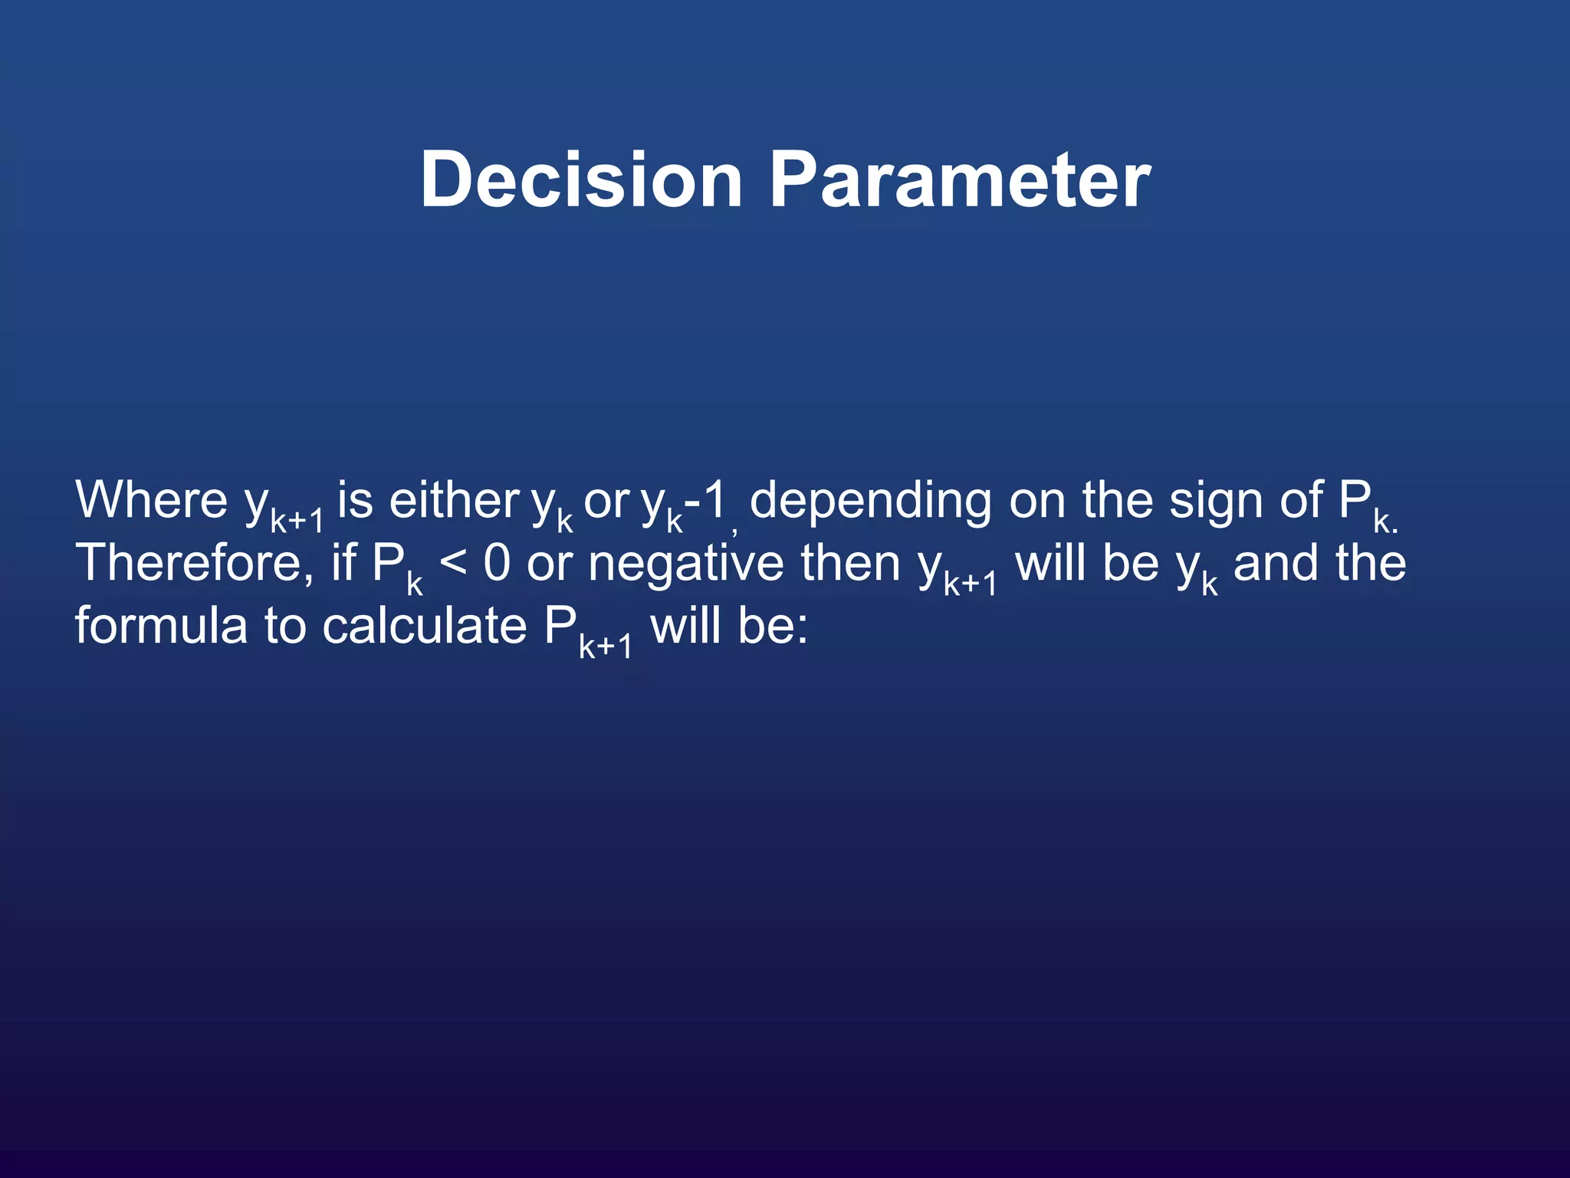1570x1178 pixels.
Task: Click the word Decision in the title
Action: click(581, 179)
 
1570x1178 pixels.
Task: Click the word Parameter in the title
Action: click(960, 179)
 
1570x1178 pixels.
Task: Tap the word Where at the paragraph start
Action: click(151, 500)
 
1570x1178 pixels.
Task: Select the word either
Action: click(454, 500)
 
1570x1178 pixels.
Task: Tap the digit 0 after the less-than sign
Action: click(497, 564)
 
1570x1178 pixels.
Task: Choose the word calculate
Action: click(424, 626)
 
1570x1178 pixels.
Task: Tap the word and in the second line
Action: click(1276, 564)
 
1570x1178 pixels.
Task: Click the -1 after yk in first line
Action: click(705, 500)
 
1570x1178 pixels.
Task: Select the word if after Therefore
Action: click(343, 564)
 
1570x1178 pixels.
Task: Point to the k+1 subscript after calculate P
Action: click(606, 647)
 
